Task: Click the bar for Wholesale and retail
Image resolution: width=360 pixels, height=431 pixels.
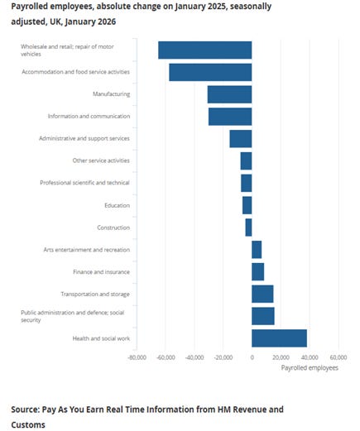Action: tap(204, 50)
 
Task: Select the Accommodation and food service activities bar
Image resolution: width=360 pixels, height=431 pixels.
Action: tap(210, 72)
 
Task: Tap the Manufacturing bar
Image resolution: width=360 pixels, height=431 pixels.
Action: tap(229, 94)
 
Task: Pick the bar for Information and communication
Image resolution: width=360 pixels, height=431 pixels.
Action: tap(229, 116)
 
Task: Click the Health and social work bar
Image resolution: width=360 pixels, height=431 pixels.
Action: tap(279, 338)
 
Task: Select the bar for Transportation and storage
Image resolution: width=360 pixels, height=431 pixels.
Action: tap(262, 294)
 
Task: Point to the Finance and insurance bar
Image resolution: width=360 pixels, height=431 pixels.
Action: tap(257, 271)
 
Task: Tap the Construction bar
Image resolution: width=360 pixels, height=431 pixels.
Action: tap(248, 227)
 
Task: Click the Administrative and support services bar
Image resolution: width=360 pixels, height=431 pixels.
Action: tap(240, 138)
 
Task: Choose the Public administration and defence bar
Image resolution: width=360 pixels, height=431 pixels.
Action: tap(262, 316)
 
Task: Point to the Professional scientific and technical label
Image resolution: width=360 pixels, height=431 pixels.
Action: tap(84, 183)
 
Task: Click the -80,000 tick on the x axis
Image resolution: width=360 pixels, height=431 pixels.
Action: tap(137, 358)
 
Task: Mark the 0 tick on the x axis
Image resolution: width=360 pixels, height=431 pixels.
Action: tap(252, 358)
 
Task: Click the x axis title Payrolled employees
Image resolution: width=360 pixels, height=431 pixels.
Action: tap(310, 367)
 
